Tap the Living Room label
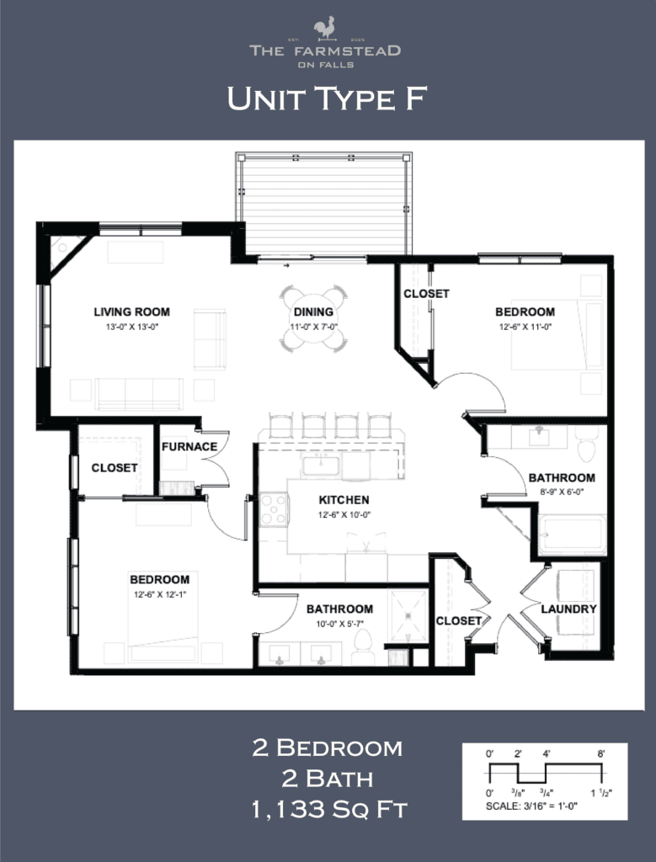pyautogui.click(x=126, y=311)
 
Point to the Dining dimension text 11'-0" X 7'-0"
pyautogui.click(x=313, y=325)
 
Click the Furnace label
pyautogui.click(x=189, y=446)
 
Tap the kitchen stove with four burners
pyautogui.click(x=273, y=509)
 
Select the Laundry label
pyautogui.click(x=569, y=609)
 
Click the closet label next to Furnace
pyautogui.click(x=115, y=467)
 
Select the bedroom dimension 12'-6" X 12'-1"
pyautogui.click(x=159, y=593)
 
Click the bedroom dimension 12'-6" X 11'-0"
pyautogui.click(x=525, y=326)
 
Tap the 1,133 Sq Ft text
pyautogui.click(x=328, y=811)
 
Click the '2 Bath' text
pyautogui.click(x=328, y=779)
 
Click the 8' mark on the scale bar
pyautogui.click(x=601, y=753)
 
